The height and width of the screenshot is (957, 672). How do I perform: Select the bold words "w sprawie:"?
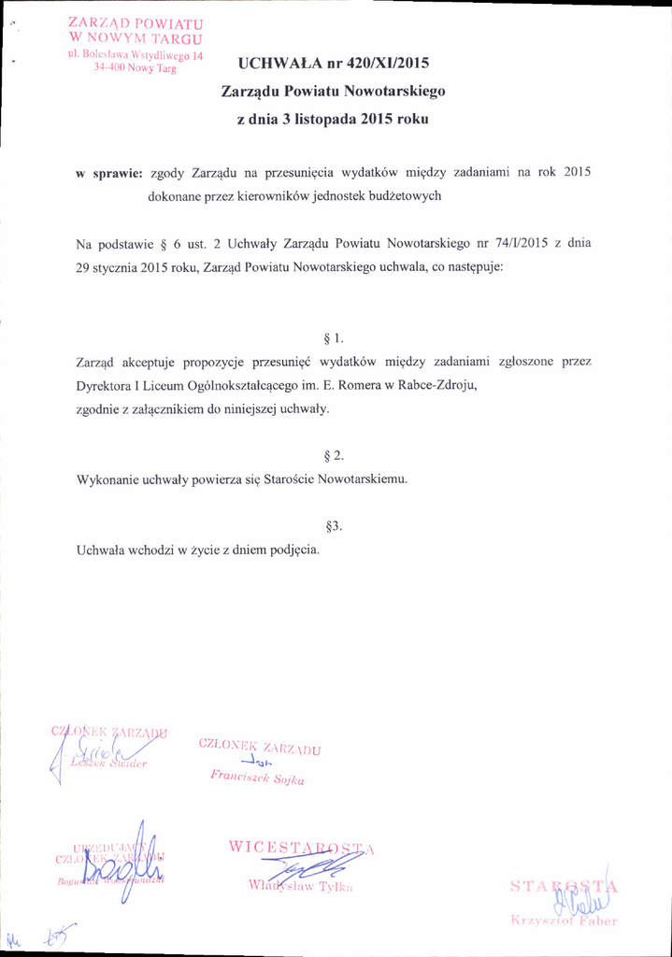pyautogui.click(x=108, y=173)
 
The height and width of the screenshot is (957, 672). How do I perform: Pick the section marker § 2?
pyautogui.click(x=334, y=456)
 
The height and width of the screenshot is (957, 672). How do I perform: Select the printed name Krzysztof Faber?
pyautogui.click(x=564, y=921)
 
